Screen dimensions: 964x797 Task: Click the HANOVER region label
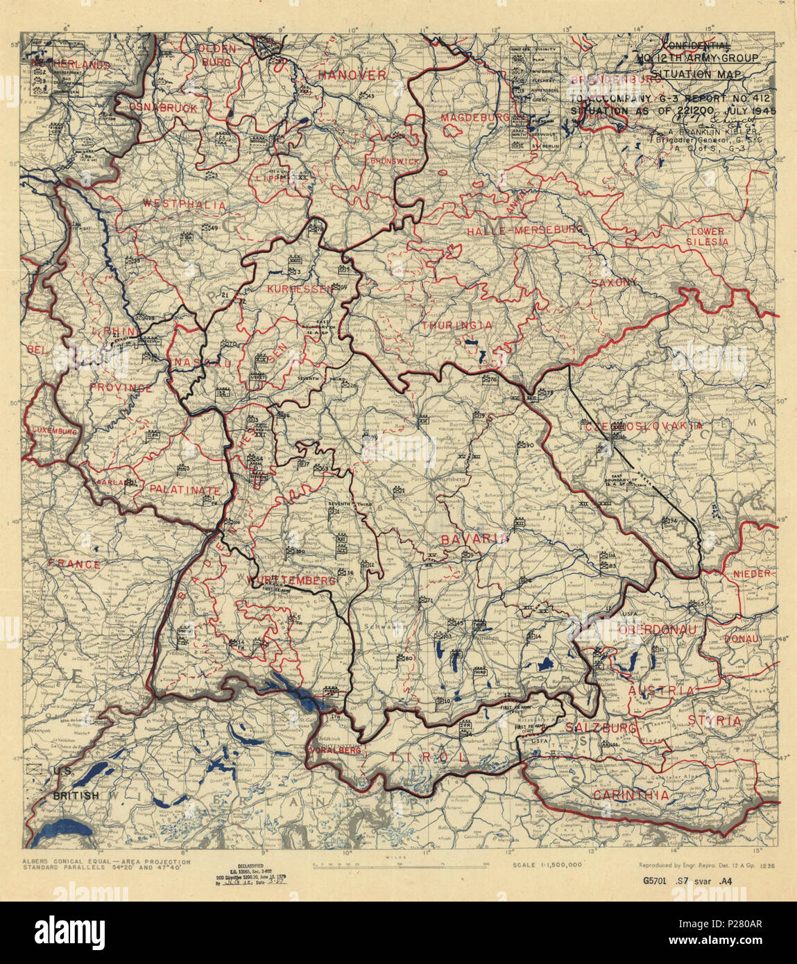click(352, 75)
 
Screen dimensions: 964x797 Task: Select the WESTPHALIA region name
click(184, 205)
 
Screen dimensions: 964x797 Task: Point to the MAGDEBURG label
click(474, 119)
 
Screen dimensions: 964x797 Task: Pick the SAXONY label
click(614, 282)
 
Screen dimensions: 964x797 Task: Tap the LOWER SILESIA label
click(707, 236)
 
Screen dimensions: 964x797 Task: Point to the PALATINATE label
click(185, 490)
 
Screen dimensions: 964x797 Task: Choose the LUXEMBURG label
click(53, 431)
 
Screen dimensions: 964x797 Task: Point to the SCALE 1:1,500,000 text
click(547, 866)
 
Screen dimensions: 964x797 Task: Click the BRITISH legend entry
click(76, 795)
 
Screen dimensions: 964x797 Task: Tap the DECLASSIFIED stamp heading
click(248, 867)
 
